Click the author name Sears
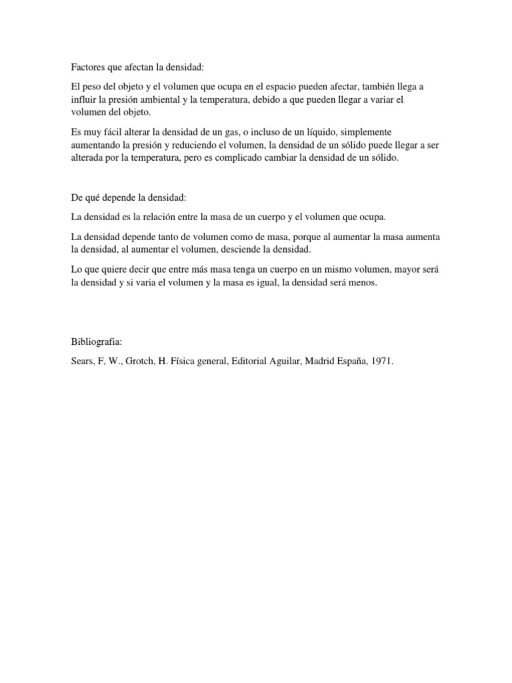pyautogui.click(x=83, y=361)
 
